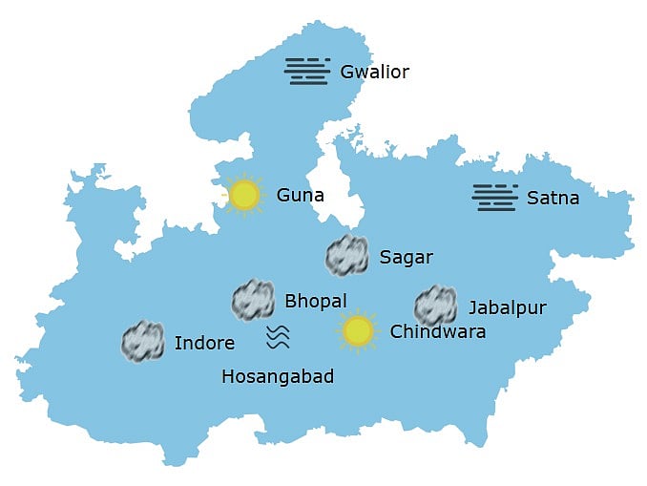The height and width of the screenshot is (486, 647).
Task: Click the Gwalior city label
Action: click(x=374, y=72)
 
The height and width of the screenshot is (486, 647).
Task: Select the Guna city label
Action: click(x=301, y=196)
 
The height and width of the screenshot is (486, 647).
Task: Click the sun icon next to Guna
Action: click(x=245, y=196)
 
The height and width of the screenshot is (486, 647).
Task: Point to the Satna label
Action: click(x=553, y=199)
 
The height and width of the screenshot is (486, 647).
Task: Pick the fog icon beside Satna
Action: click(x=495, y=197)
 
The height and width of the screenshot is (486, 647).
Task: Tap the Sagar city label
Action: click(x=406, y=257)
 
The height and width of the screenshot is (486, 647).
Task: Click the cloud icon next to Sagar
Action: click(x=346, y=255)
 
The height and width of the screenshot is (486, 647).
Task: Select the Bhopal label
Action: click(x=316, y=302)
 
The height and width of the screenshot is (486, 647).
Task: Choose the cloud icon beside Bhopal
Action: click(x=254, y=300)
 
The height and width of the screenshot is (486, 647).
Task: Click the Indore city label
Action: click(x=204, y=343)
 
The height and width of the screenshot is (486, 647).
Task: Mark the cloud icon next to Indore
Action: click(x=143, y=341)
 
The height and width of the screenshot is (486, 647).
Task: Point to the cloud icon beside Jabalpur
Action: click(x=435, y=306)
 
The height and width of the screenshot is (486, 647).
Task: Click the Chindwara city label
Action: click(x=437, y=332)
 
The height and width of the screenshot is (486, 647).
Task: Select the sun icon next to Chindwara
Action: click(x=358, y=331)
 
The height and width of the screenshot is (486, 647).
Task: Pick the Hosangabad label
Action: click(x=278, y=376)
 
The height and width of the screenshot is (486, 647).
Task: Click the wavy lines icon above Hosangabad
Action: click(x=278, y=336)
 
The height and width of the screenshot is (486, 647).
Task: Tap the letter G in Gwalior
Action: click(x=347, y=72)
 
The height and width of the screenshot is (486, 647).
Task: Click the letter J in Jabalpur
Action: click(x=471, y=308)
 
